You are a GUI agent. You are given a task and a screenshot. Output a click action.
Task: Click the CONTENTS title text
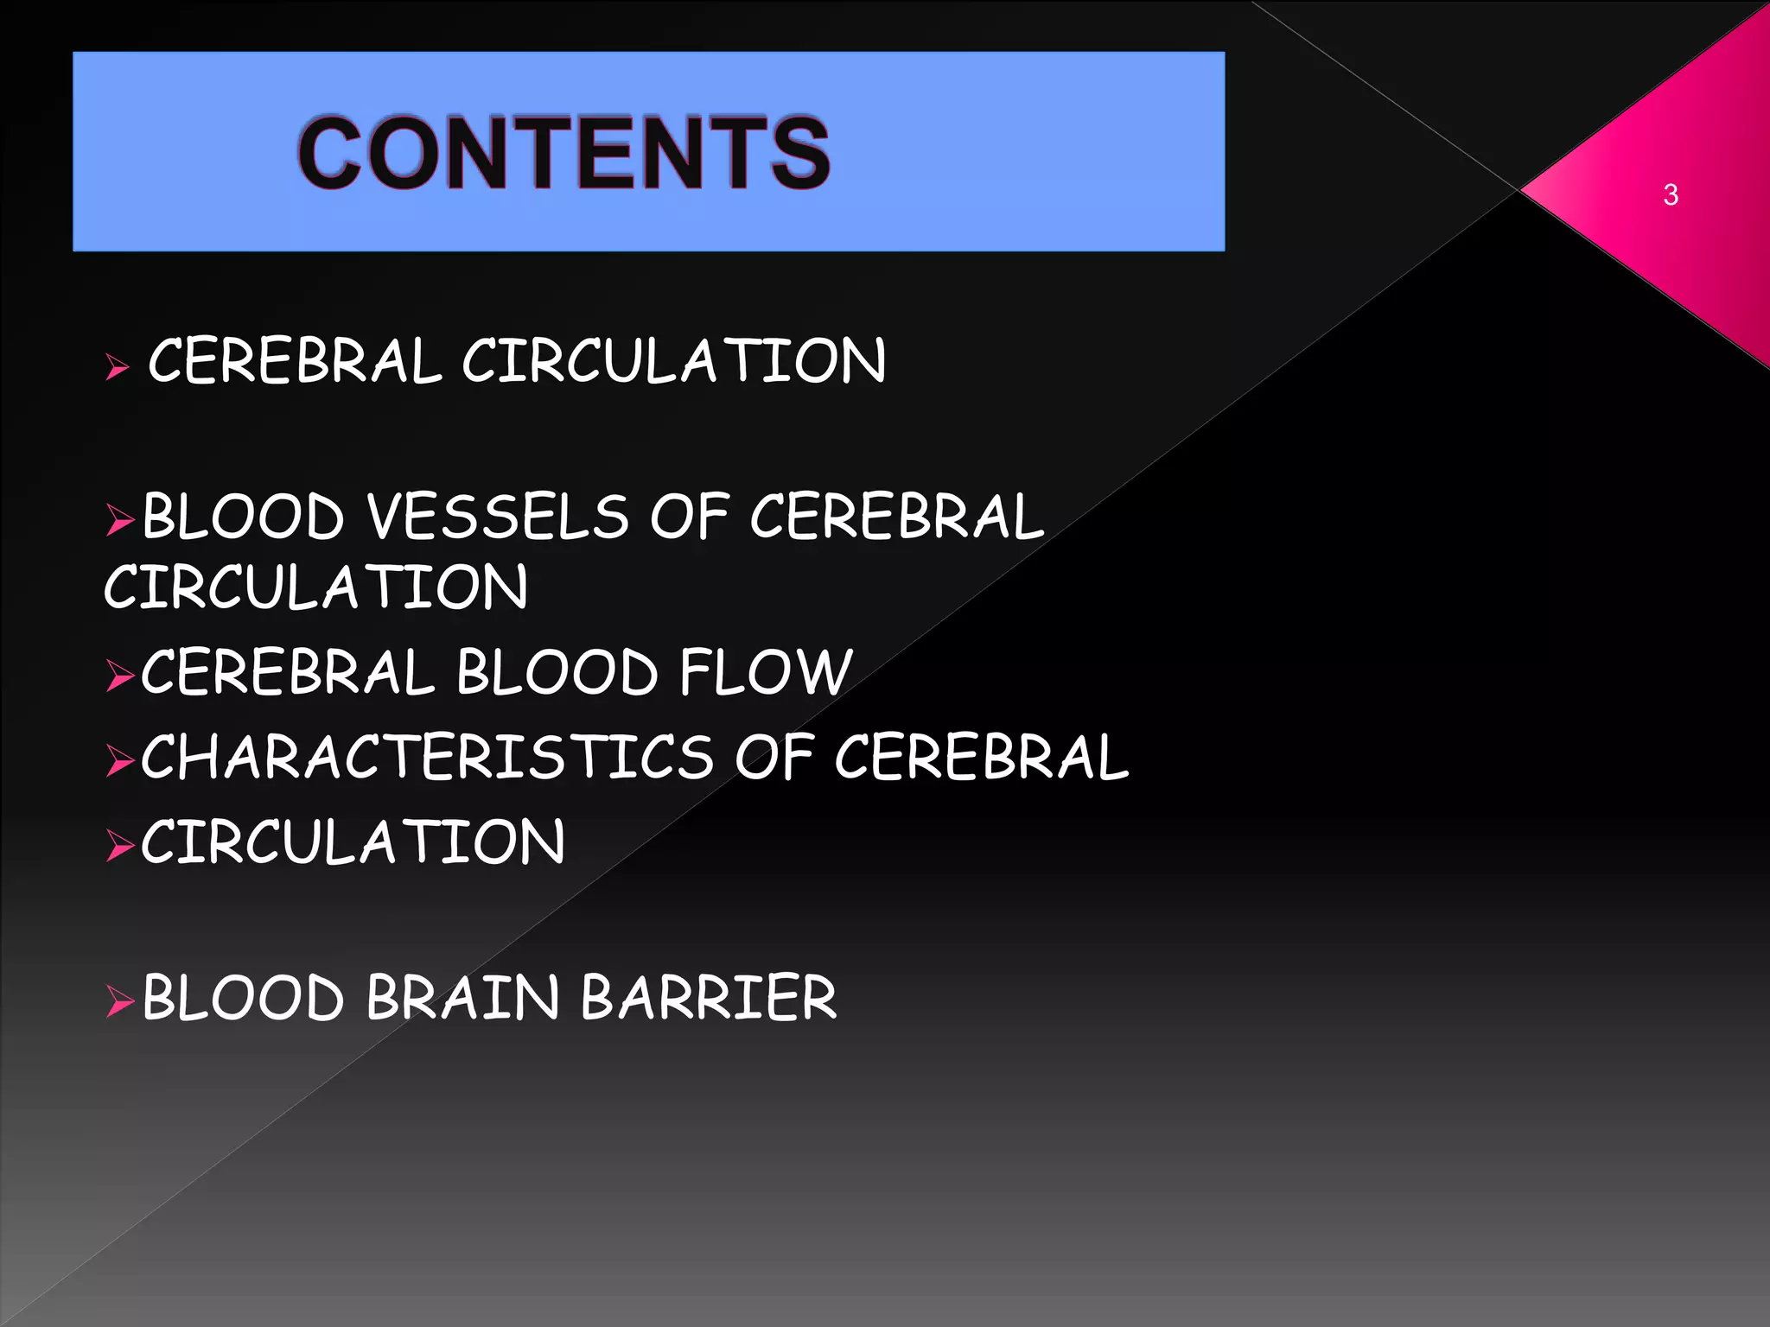[563, 153]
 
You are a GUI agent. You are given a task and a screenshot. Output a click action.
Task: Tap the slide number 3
[1670, 195]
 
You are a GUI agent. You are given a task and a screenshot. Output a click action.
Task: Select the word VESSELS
[498, 517]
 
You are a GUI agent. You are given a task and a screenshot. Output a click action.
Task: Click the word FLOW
[766, 672]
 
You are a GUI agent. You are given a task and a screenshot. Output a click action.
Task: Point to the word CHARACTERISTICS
[427, 757]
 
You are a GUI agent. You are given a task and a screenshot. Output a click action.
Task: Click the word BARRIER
[709, 998]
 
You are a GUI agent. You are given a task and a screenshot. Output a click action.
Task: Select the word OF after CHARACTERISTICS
[774, 757]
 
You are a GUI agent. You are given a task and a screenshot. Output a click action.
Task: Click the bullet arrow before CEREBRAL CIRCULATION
[117, 368]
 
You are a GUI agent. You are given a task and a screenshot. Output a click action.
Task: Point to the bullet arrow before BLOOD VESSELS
[119, 521]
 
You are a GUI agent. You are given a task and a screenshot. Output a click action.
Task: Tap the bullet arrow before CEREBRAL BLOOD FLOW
[119, 676]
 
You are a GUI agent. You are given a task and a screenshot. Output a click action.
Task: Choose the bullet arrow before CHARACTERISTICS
[119, 760]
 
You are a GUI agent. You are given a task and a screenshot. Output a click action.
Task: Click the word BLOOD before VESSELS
[243, 517]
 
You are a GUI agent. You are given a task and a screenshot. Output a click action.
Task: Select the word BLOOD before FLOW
[557, 672]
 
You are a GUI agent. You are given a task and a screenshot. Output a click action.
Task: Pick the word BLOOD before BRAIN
[243, 998]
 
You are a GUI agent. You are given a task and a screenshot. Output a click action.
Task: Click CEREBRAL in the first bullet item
[295, 361]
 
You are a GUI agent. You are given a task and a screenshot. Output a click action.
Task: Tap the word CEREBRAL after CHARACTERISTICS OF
[981, 757]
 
